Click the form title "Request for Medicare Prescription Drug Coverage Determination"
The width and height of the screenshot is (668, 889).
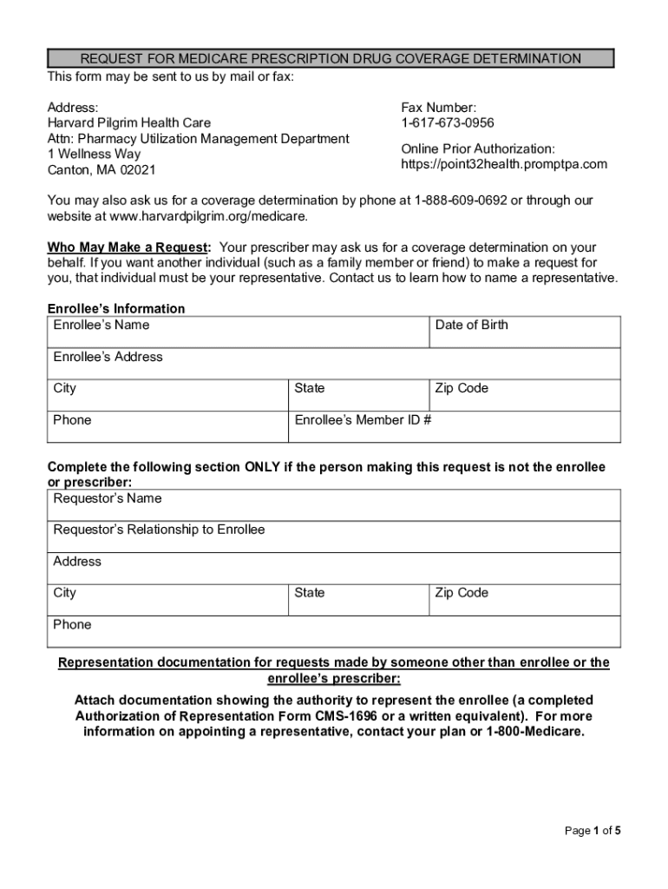(x=331, y=59)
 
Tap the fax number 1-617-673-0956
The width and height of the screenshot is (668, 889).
(x=448, y=123)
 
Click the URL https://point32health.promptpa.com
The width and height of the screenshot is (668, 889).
(x=504, y=164)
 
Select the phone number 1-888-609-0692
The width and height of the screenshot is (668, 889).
(x=461, y=201)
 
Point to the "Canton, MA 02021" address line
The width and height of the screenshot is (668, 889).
(x=101, y=170)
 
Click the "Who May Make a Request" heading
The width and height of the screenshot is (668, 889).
(x=128, y=247)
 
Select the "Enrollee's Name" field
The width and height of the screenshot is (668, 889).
(x=238, y=333)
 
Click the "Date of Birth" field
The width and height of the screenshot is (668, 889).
(x=525, y=333)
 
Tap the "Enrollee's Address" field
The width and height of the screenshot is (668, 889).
(x=334, y=364)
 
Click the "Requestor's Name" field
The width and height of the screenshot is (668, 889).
(x=334, y=505)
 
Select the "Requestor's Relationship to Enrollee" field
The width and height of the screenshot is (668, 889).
(x=334, y=537)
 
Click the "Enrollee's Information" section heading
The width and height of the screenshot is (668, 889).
(x=115, y=309)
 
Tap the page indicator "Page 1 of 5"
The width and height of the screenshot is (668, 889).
(x=593, y=831)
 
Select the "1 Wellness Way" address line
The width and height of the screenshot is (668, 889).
(x=94, y=155)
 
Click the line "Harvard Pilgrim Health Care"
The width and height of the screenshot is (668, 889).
(x=128, y=123)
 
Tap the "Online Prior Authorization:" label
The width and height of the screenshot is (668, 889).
(x=477, y=148)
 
